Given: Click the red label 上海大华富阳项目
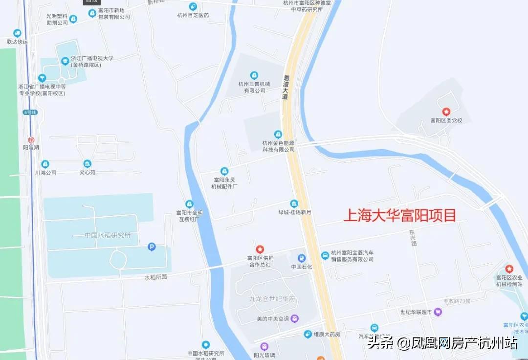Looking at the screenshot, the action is click(x=399, y=215).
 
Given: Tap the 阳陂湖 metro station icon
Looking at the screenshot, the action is click(x=31, y=139).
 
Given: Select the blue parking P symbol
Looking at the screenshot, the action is click(x=152, y=247).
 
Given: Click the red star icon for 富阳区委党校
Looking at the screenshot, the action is click(x=446, y=112).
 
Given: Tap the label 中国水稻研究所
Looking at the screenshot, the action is click(x=108, y=235).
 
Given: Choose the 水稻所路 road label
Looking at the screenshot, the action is click(x=156, y=277).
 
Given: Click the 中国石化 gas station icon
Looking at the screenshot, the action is click(x=302, y=258).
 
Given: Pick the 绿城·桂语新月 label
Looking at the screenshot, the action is click(x=295, y=212).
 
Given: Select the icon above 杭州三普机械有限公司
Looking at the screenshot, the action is click(x=254, y=75).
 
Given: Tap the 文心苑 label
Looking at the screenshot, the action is click(x=88, y=172).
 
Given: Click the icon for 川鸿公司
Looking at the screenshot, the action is click(x=45, y=164).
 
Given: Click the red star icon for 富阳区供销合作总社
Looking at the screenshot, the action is click(x=260, y=249).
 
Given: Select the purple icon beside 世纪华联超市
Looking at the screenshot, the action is click(x=438, y=312).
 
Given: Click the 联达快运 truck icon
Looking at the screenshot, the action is click(x=18, y=33).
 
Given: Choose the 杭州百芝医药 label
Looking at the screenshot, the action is click(x=193, y=15).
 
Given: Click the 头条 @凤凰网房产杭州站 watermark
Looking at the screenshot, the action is click(x=442, y=343).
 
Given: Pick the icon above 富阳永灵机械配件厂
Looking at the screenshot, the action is click(x=224, y=171).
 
